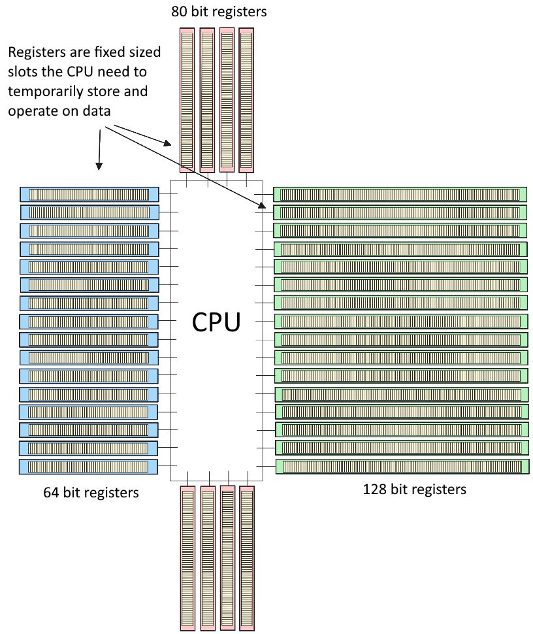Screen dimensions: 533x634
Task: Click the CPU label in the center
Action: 216,322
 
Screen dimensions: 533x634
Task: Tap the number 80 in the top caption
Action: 180,11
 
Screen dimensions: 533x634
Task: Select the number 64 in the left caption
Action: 52,492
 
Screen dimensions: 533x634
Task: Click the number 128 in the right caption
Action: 374,490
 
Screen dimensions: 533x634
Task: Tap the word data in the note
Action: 97,111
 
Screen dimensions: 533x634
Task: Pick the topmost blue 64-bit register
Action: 89,195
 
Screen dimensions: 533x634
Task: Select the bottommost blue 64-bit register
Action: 88,467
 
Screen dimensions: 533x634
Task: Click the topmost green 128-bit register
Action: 400,195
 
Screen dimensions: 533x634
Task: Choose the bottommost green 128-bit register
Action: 402,466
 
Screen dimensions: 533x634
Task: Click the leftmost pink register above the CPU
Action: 187,100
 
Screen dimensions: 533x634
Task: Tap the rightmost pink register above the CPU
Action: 246,100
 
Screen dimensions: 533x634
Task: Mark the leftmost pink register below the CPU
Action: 188,558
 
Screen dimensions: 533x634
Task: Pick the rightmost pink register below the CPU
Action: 247,558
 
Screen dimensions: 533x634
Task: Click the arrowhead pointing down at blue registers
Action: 99,166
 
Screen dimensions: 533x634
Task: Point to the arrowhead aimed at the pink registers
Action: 167,143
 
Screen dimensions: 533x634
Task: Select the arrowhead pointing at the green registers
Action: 262,205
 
